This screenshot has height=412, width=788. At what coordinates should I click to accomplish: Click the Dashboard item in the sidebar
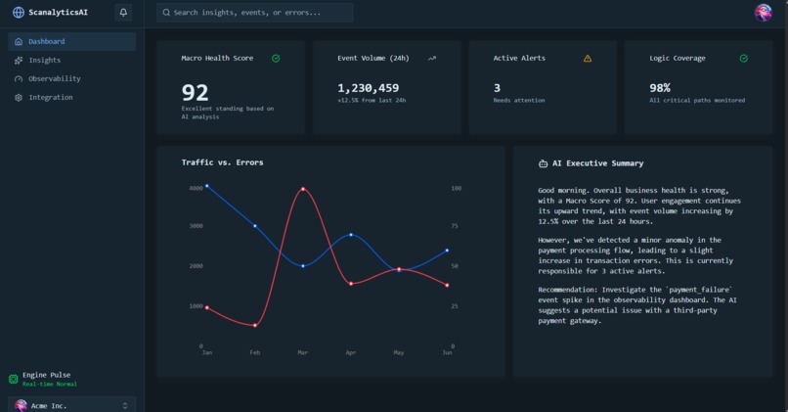(46, 41)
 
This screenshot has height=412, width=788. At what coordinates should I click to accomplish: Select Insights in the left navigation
(44, 60)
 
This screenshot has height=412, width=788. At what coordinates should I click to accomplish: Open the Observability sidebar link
(54, 78)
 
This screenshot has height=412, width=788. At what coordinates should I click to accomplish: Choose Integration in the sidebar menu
(50, 97)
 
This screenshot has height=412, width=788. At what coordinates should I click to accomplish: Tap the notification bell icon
(123, 13)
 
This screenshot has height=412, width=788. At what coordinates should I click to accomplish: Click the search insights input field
(255, 13)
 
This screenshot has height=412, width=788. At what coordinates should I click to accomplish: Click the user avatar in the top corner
(764, 13)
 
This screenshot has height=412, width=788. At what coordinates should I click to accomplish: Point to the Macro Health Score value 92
(196, 93)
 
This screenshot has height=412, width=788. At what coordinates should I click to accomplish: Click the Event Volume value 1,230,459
(369, 88)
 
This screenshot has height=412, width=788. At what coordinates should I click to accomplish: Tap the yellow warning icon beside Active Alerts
(588, 59)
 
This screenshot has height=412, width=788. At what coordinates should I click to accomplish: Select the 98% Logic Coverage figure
(660, 88)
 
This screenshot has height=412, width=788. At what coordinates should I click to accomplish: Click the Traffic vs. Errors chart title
(222, 161)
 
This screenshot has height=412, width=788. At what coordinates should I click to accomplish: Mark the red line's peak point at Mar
(303, 189)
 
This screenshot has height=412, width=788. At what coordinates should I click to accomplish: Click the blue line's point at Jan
(207, 186)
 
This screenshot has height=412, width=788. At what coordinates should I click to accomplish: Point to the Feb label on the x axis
(255, 352)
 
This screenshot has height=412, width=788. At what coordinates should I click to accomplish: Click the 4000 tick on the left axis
(196, 187)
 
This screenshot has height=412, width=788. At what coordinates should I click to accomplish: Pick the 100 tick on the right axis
(456, 187)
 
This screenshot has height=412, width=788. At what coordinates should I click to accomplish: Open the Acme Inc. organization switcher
(71, 404)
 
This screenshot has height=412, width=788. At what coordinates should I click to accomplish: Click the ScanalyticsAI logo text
(59, 13)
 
